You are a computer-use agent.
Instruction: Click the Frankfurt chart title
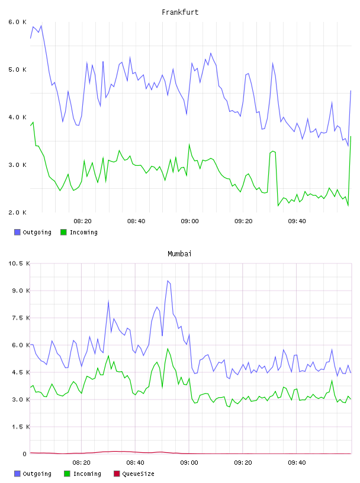(180, 12)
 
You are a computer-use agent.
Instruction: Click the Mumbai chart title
(179, 254)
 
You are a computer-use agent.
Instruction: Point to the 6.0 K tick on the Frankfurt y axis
(18, 22)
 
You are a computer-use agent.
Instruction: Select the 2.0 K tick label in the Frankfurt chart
(18, 212)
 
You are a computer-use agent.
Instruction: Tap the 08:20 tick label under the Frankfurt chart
(83, 221)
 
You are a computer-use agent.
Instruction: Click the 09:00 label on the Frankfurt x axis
(190, 221)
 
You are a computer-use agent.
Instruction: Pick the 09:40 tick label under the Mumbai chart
(297, 463)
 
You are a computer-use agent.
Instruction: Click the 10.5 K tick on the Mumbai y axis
(20, 263)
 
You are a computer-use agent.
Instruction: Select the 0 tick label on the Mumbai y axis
(25, 454)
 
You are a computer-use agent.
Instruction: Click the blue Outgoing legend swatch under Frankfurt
(17, 232)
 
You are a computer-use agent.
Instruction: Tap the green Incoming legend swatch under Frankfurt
(63, 232)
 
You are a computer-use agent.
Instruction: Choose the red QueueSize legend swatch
(117, 474)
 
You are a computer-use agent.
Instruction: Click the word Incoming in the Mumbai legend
(87, 474)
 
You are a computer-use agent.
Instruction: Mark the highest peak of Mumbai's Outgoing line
(168, 281)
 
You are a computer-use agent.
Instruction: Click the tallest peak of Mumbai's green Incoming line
(168, 349)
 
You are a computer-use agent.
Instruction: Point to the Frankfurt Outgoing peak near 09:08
(211, 53)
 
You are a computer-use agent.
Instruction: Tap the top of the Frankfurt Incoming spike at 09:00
(189, 144)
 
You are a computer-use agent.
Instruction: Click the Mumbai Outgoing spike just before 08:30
(108, 301)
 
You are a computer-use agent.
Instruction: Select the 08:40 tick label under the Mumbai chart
(136, 463)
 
